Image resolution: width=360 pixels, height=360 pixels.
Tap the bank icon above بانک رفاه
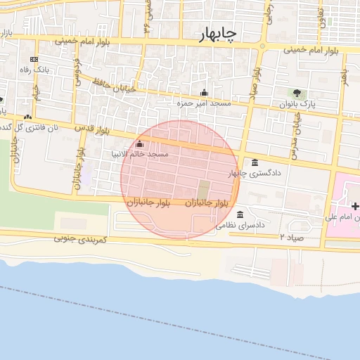34,59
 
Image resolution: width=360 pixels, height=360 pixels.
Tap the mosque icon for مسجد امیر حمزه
204,92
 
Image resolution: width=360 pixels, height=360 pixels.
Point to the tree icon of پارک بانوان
297,93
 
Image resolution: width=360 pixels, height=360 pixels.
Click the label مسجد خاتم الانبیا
140,153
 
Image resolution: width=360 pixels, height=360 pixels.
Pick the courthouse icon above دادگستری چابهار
255,162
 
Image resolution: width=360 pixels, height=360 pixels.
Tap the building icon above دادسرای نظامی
240,214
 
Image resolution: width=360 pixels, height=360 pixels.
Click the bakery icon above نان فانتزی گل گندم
27,117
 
